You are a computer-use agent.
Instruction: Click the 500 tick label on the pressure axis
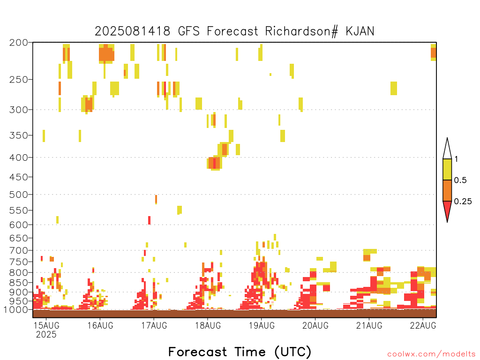[x=19, y=195]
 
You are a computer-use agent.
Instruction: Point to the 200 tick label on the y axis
[x=19, y=43]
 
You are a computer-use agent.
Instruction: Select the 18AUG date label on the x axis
[x=208, y=325]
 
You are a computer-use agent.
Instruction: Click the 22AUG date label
[x=423, y=325]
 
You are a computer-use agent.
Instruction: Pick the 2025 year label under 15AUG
[x=46, y=335]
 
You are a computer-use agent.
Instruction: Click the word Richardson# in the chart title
[x=301, y=31]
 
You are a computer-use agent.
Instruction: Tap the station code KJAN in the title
[x=360, y=31]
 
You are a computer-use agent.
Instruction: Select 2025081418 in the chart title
[x=132, y=31]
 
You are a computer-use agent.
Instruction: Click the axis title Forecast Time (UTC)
[x=240, y=352]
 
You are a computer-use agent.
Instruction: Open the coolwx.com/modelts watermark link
[x=431, y=354]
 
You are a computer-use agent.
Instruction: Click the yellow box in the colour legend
[x=447, y=169]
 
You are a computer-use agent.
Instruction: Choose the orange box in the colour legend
[x=447, y=190]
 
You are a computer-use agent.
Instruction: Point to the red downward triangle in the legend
[x=447, y=210]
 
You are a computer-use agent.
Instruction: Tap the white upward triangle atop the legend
[x=447, y=150]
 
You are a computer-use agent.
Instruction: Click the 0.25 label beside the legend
[x=463, y=202]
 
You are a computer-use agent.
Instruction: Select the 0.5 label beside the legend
[x=460, y=180]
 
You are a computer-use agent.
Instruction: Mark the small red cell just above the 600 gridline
[x=150, y=220]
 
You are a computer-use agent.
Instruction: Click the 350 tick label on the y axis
[x=19, y=135]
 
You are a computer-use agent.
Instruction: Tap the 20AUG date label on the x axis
[x=315, y=325]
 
